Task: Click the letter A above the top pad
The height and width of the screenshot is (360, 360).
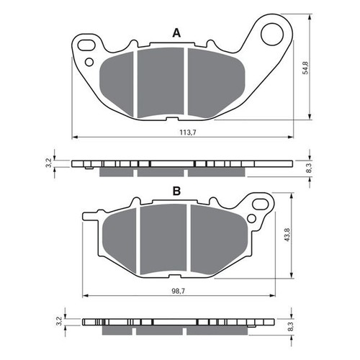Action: pos(175,32)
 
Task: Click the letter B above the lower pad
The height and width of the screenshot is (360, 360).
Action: pos(175,191)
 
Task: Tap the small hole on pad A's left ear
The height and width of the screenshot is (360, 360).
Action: pos(89,63)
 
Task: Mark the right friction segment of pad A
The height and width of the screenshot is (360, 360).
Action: pos(213,81)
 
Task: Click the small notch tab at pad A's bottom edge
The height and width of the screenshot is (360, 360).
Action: pos(171,119)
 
